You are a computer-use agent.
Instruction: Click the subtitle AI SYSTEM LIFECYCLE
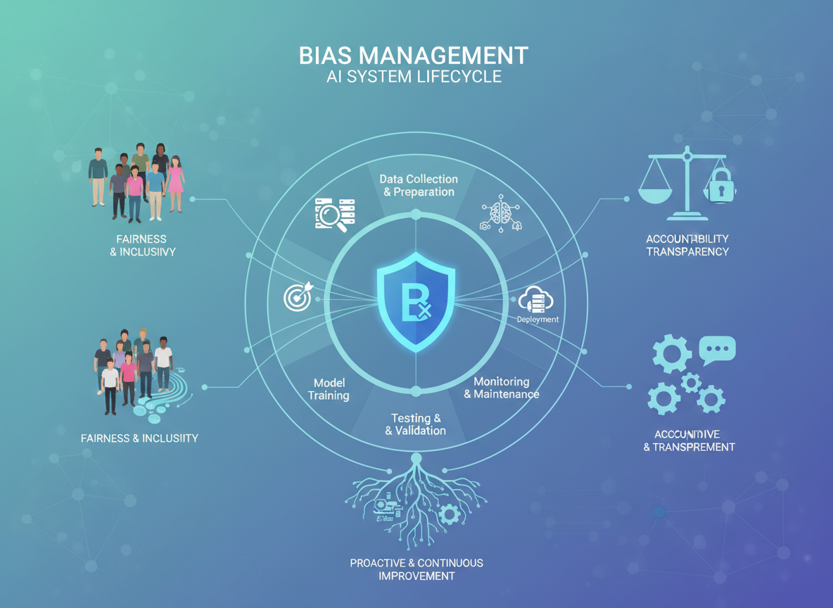[x=414, y=77]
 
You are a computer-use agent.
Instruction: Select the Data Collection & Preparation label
[x=419, y=185]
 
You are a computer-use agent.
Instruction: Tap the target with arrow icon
[x=297, y=298]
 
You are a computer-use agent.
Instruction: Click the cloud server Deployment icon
[x=536, y=300]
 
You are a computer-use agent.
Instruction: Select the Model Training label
[x=329, y=389]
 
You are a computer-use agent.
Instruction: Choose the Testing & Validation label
[x=416, y=424]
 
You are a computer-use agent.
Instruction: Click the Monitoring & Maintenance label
[x=502, y=388]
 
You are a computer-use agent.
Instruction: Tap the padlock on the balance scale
[x=720, y=186]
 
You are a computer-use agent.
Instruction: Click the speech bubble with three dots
[x=718, y=348]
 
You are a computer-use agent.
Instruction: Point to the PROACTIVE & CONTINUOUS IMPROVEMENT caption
[x=416, y=569]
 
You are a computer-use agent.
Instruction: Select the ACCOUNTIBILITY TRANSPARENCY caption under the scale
[x=687, y=245]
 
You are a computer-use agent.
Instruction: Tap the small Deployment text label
[x=538, y=319]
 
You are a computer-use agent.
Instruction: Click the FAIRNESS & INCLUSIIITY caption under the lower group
[x=139, y=438]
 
